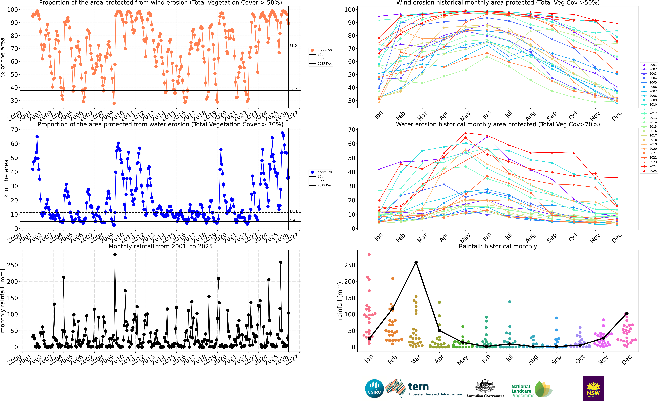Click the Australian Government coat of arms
coord(485,386)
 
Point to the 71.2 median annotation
coord(293,46)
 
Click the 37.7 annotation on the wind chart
coord(293,89)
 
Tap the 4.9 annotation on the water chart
coord(292,220)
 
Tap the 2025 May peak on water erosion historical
coord(465,133)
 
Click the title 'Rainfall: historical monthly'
coord(498,246)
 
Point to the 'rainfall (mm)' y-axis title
coord(340,301)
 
